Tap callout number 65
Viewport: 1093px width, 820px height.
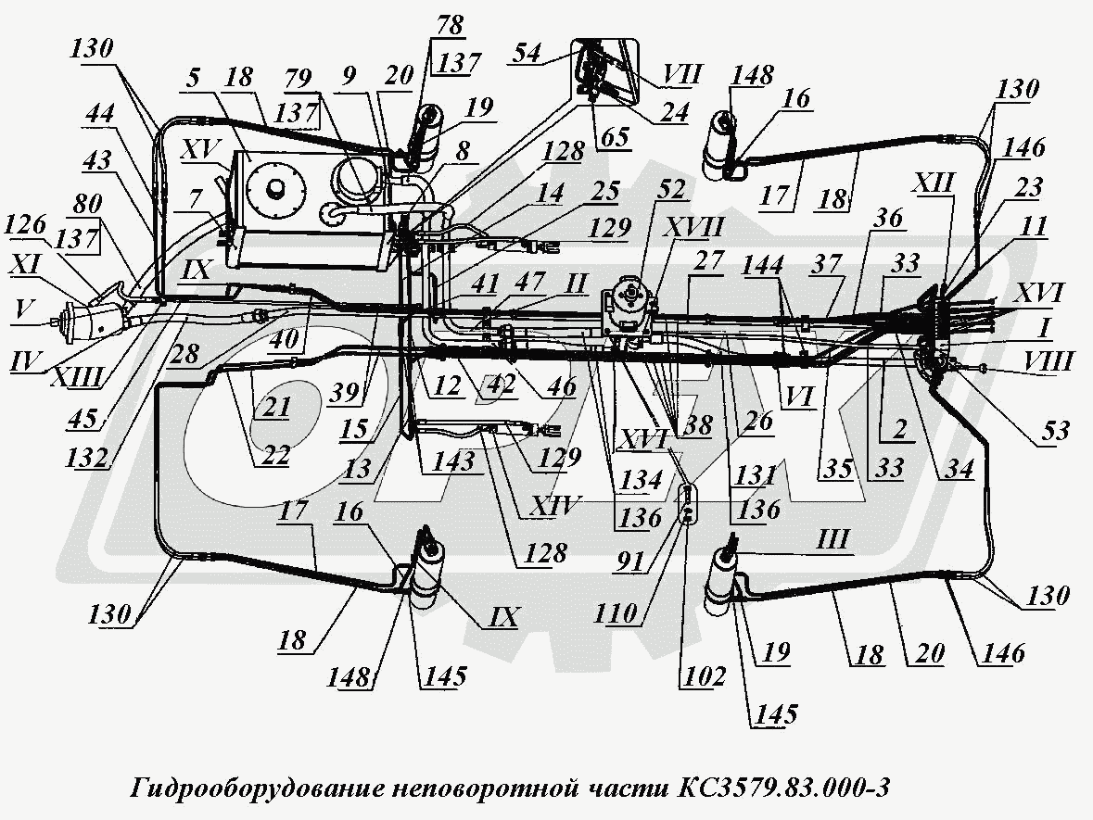[614, 137]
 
